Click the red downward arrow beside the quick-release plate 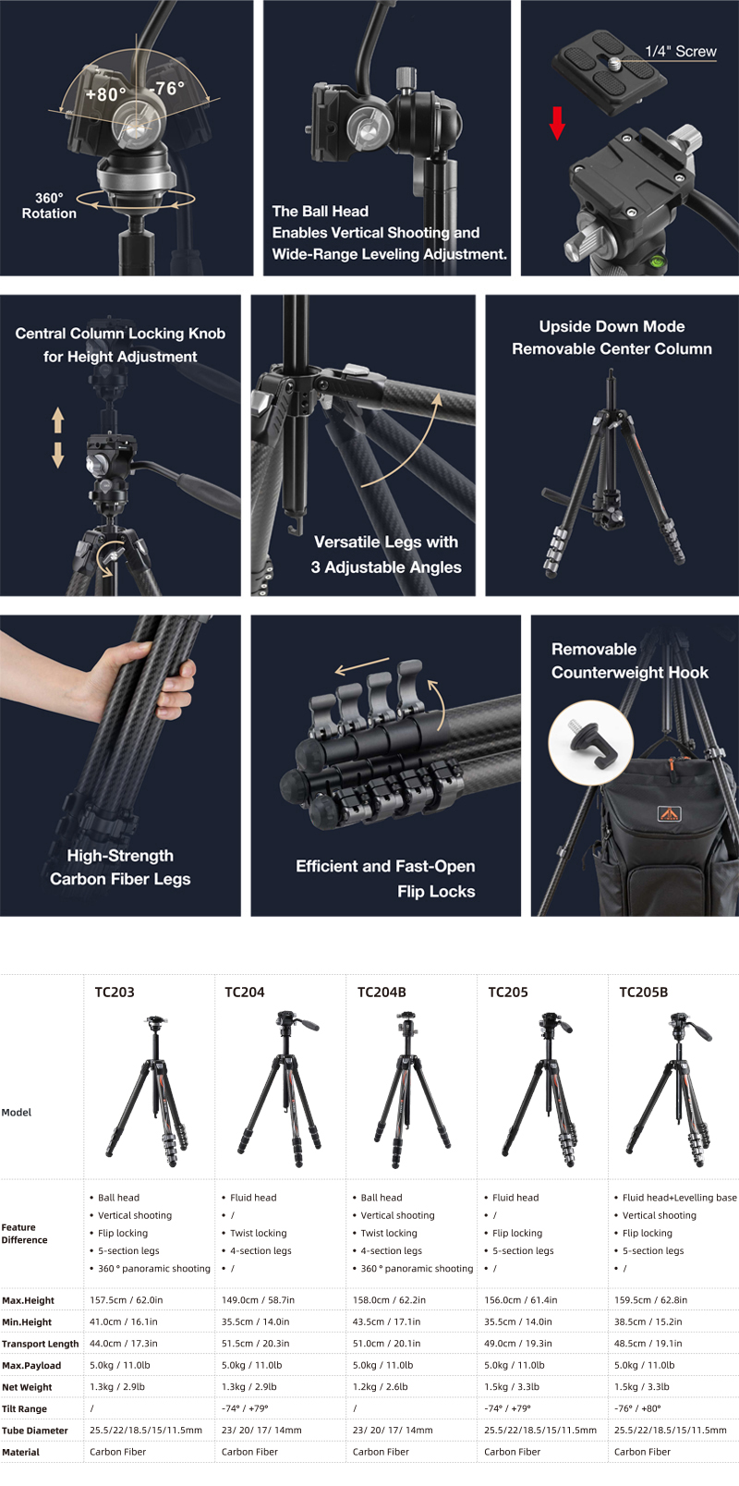pyautogui.click(x=557, y=124)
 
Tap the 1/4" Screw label pyautogui.click(x=681, y=51)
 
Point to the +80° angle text pyautogui.click(x=105, y=95)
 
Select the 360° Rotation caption pyautogui.click(x=49, y=206)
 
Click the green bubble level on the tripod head pyautogui.click(x=658, y=260)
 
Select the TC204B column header pyautogui.click(x=382, y=992)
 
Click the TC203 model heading pyautogui.click(x=115, y=992)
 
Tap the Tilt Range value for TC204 pyautogui.click(x=245, y=1408)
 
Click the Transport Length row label pyautogui.click(x=40, y=1344)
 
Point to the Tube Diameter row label pyautogui.click(x=34, y=1431)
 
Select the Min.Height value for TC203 pyautogui.click(x=124, y=1322)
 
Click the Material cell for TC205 pyautogui.click(x=512, y=1452)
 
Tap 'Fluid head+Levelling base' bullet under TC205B pyautogui.click(x=679, y=1198)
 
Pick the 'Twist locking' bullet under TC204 pyautogui.click(x=258, y=1233)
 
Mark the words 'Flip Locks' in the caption pyautogui.click(x=436, y=891)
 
